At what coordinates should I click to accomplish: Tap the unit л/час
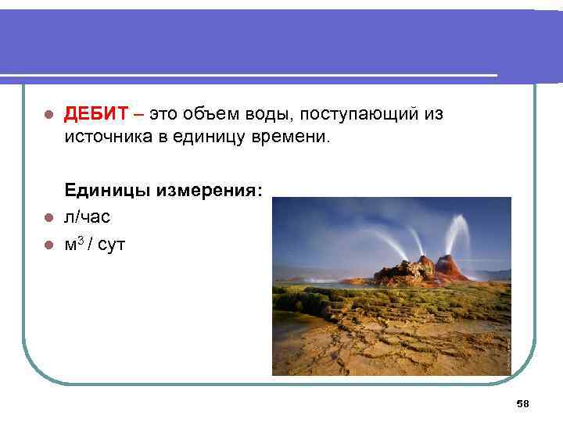click(x=88, y=216)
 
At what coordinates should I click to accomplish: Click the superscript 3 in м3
click(x=80, y=241)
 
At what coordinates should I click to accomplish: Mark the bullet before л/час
click(x=47, y=217)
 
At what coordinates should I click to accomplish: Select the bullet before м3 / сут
click(x=47, y=245)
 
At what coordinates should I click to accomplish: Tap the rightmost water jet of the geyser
click(x=462, y=234)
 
